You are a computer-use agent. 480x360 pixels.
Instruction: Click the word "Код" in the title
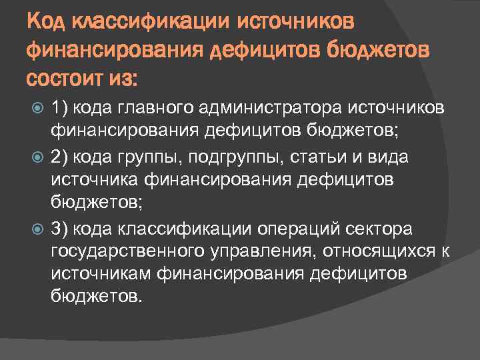click(45, 24)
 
